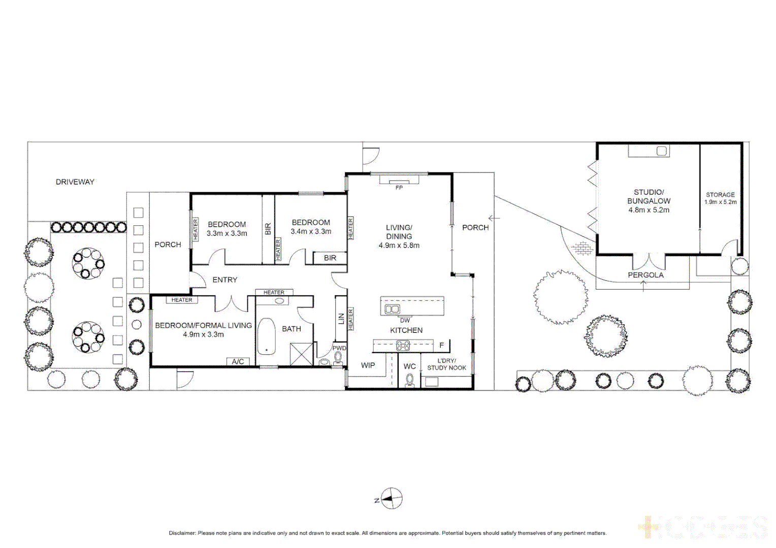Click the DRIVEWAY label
tap(75, 182)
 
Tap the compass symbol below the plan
tap(392, 499)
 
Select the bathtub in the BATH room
tap(266, 336)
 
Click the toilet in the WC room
tap(410, 380)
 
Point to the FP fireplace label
tap(399, 188)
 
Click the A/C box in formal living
tap(238, 362)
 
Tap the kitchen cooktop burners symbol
tap(403, 346)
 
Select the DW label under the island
tap(405, 320)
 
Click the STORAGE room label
tap(720, 195)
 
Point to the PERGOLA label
tap(645, 275)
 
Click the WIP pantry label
tap(368, 365)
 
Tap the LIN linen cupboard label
tap(341, 319)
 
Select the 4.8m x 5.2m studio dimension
tap(649, 210)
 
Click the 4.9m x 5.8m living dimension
tap(399, 246)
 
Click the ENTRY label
tap(225, 280)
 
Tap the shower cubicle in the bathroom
tap(301, 354)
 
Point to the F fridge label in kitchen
tap(441, 346)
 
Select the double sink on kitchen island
tap(392, 309)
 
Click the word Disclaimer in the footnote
tap(182, 533)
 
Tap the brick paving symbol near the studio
tap(582, 248)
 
